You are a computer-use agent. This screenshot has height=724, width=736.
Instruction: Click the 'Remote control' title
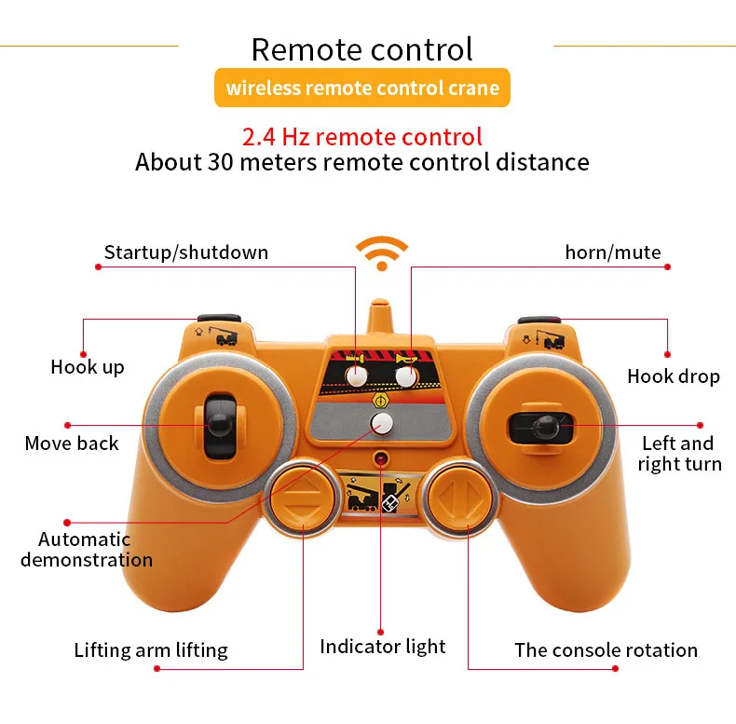click(362, 48)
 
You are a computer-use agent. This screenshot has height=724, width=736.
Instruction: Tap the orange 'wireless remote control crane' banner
click(362, 89)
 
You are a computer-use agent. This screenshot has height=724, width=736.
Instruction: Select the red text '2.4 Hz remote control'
click(362, 137)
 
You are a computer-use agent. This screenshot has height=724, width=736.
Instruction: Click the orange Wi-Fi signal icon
click(382, 253)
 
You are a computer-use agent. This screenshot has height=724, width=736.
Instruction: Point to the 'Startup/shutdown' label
click(185, 253)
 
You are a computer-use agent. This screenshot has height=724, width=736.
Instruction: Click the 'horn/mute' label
click(612, 253)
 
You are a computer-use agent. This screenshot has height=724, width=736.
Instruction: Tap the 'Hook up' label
click(87, 367)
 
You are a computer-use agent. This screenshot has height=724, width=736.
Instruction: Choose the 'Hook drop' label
click(673, 376)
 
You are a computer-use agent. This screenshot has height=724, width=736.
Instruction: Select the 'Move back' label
click(72, 444)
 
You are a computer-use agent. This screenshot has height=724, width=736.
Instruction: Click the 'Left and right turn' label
click(679, 454)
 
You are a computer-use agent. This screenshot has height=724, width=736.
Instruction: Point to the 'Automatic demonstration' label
click(87, 549)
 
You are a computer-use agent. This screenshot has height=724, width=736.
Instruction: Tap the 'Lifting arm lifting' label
click(151, 650)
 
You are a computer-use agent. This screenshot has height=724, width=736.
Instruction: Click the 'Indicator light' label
click(382, 647)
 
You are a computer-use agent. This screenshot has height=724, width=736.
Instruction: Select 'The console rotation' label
click(606, 650)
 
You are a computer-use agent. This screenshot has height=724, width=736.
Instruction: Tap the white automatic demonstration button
click(381, 425)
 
